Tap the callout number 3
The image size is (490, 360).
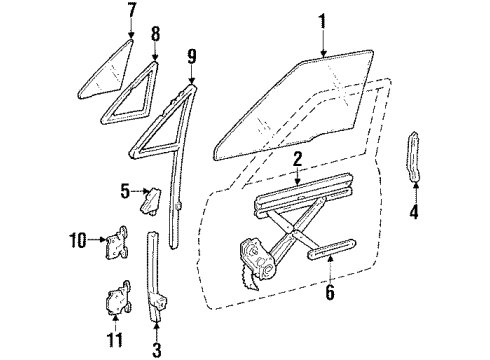click(157, 349)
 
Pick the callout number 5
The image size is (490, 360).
click(124, 189)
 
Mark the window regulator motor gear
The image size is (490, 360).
click(258, 262)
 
